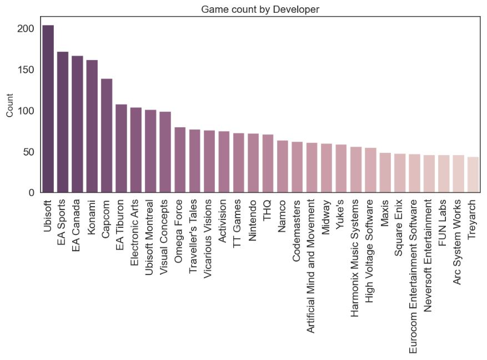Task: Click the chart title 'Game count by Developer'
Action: coord(260,9)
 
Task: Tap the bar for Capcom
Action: coord(107,136)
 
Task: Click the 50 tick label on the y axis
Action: coord(29,152)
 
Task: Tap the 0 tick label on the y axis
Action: coord(32,193)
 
